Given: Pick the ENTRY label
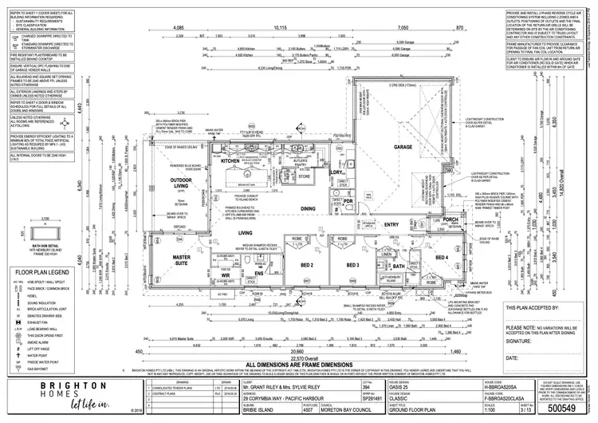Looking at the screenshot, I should (x=392, y=225).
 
